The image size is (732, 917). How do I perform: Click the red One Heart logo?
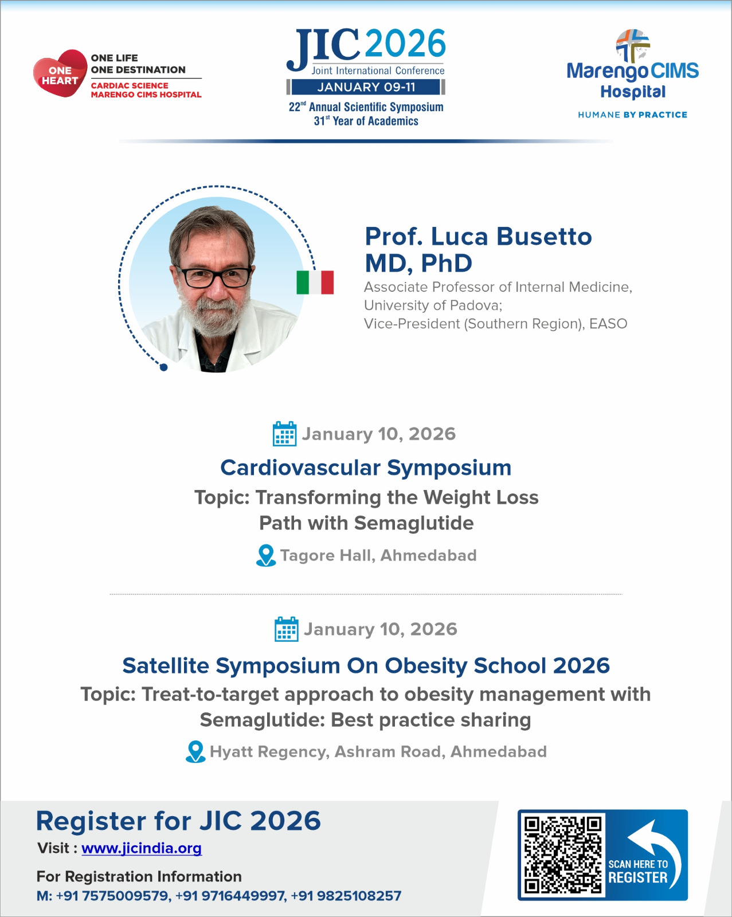click(x=60, y=74)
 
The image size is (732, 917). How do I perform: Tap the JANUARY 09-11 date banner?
click(x=366, y=87)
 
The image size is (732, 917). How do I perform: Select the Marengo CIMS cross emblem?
click(x=633, y=45)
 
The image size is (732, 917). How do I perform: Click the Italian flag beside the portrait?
click(x=315, y=282)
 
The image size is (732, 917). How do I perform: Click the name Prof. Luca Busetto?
click(x=478, y=237)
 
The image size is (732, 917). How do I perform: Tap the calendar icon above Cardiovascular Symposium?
click(x=284, y=434)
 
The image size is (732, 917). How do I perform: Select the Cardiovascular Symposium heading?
click(x=366, y=468)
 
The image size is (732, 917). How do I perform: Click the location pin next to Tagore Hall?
click(x=266, y=555)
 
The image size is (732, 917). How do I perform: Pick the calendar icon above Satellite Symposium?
click(x=286, y=629)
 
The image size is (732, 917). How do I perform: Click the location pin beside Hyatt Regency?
click(x=195, y=751)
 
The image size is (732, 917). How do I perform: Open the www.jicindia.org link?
click(x=142, y=848)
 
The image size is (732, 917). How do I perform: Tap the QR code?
click(x=562, y=855)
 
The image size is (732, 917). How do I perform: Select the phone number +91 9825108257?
click(x=346, y=896)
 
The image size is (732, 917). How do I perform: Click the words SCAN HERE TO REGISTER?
click(x=637, y=871)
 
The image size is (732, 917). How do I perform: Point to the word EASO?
click(x=608, y=324)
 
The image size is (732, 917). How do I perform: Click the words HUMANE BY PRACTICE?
click(x=632, y=115)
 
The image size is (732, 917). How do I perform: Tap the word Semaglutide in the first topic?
click(x=413, y=523)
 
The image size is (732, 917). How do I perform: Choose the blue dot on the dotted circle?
click(x=163, y=367)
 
